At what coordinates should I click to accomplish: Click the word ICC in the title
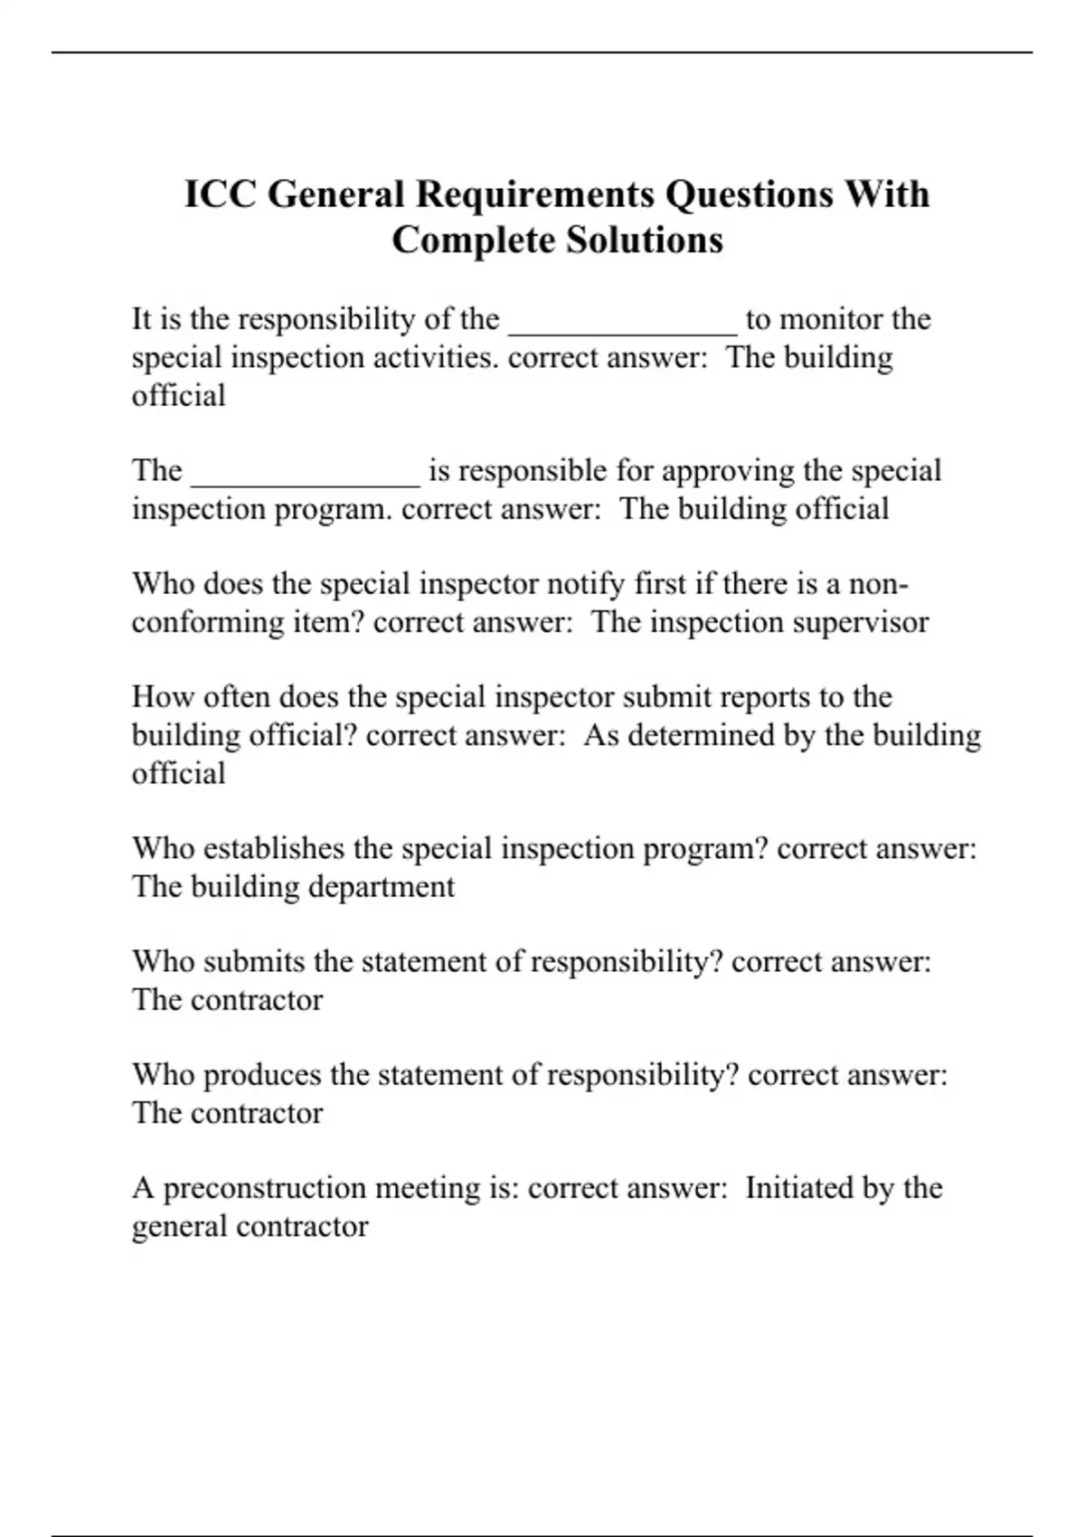pos(221,194)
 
